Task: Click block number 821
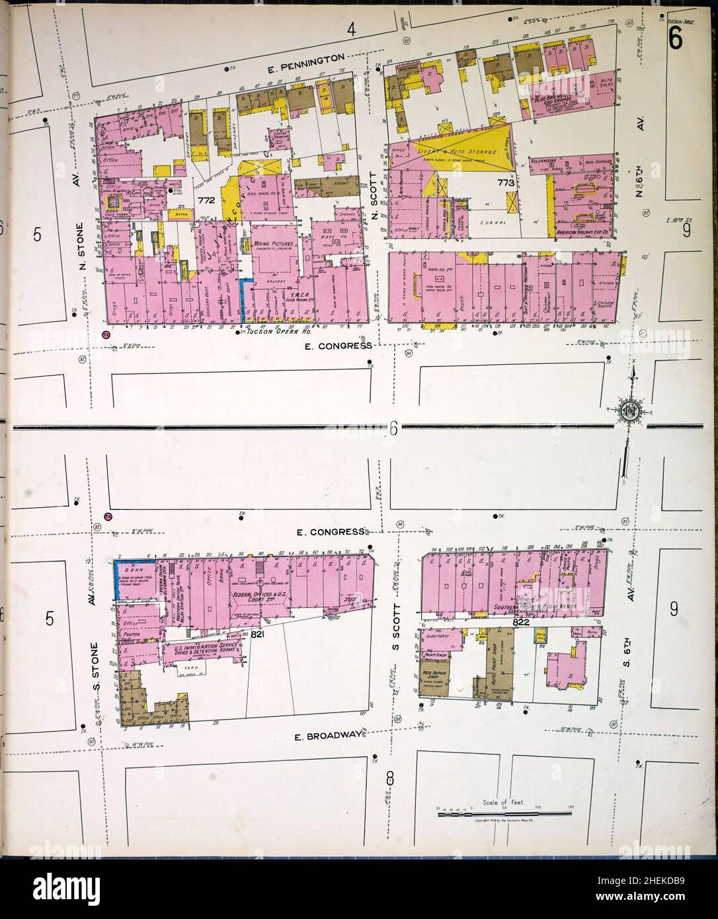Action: [x=259, y=633]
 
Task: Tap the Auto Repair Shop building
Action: [x=434, y=678]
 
